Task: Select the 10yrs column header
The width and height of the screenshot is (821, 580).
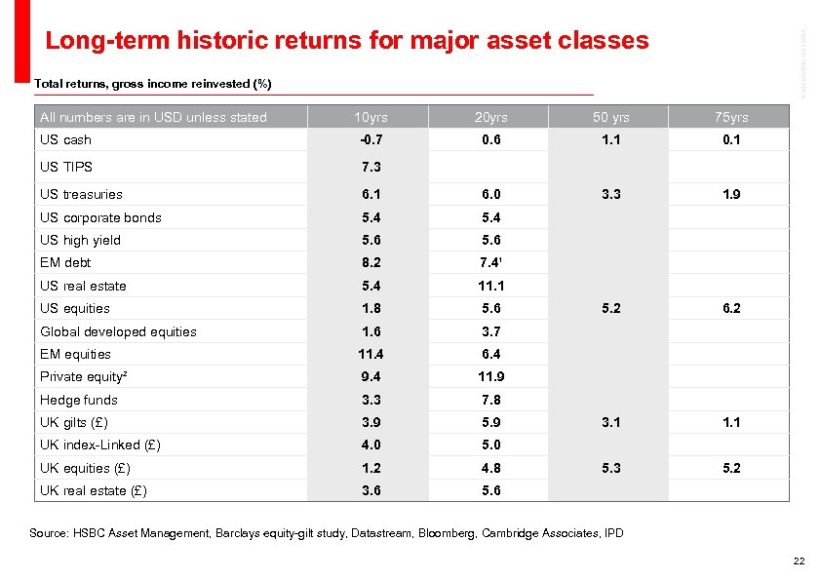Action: [x=370, y=117]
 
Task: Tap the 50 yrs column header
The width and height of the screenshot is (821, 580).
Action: [x=610, y=117]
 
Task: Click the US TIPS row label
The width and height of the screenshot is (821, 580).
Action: [x=66, y=167]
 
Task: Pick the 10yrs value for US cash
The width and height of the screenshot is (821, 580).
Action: [x=370, y=139]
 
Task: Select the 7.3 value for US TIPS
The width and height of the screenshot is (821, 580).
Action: [x=370, y=167]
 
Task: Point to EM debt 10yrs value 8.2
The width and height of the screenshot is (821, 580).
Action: [x=370, y=262]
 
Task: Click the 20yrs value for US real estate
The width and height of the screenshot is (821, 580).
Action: [x=490, y=286]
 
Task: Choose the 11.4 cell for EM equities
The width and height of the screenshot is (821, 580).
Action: [x=370, y=354]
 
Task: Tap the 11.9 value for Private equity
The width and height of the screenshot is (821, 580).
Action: [x=490, y=376]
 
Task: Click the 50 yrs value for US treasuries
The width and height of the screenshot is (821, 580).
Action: [x=610, y=194]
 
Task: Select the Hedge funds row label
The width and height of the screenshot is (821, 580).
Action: [x=78, y=400]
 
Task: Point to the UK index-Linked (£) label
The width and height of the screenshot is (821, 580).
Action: [x=100, y=445]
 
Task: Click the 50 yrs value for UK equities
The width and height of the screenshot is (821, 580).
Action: [x=610, y=468]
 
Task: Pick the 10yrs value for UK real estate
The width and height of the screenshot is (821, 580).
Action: [x=370, y=490]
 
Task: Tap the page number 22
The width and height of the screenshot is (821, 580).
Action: [x=799, y=561]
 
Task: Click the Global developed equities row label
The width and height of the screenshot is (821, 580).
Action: [x=118, y=331]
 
